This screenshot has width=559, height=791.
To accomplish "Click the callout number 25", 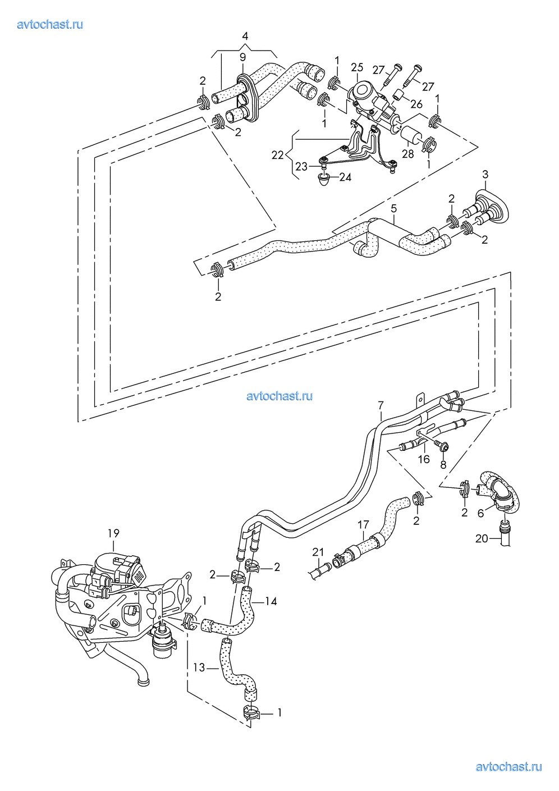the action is coord(357,67).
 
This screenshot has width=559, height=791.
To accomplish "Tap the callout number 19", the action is coord(113,533).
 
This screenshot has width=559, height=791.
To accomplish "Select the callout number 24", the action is coord(345,177).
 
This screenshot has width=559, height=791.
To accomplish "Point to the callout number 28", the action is coord(408,154).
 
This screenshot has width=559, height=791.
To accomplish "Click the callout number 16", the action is coord(424,459).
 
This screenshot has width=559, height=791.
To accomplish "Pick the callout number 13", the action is coord(199,667).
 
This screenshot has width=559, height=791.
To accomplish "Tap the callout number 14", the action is coord(271,601).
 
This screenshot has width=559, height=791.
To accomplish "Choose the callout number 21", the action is coord(318,552).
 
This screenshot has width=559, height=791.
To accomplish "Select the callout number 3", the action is coord(485,174).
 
